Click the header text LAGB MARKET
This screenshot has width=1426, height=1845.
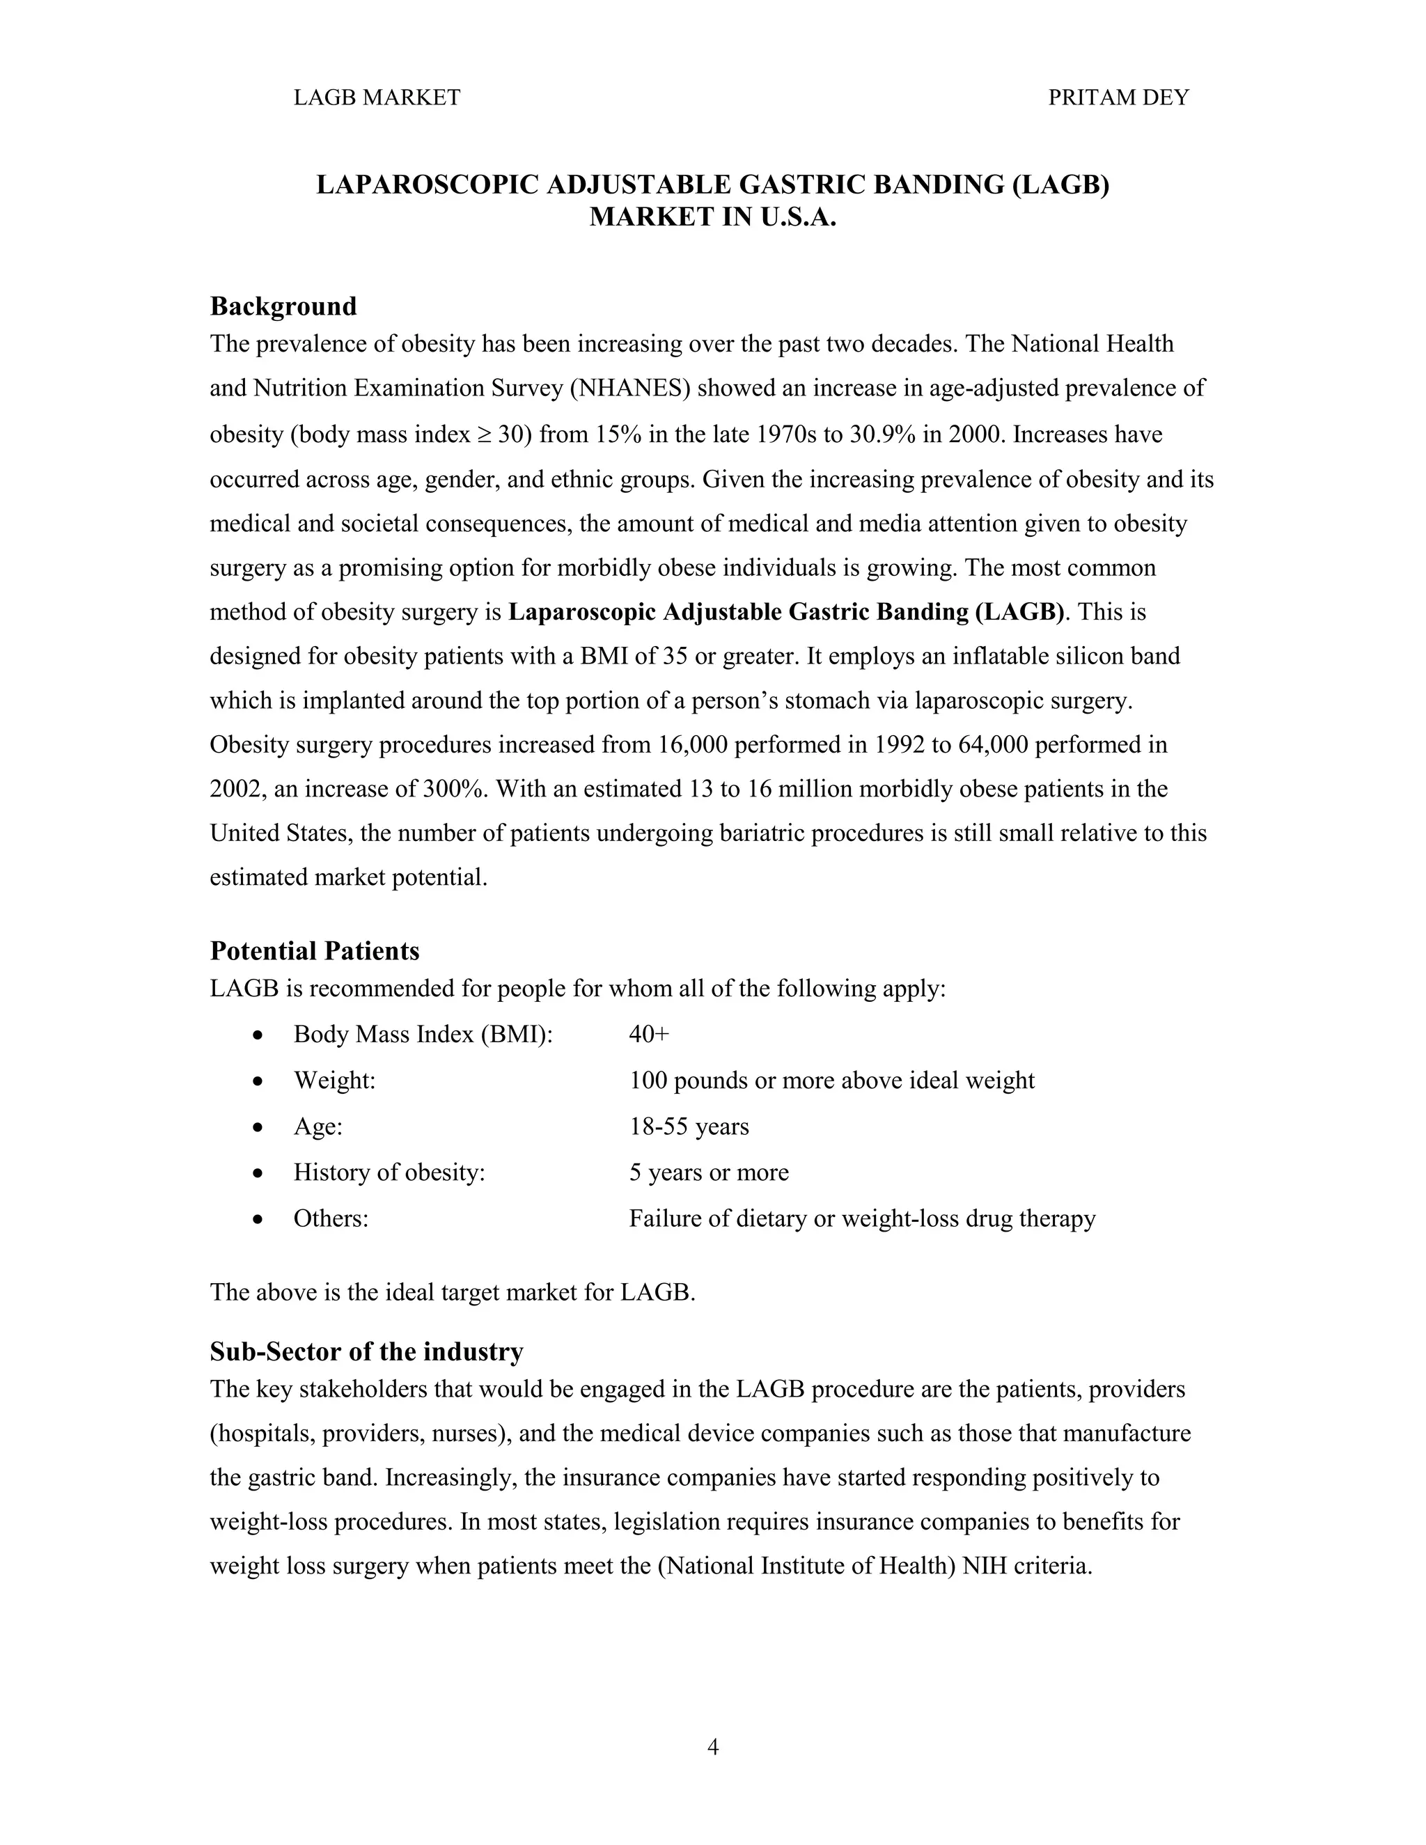(x=377, y=98)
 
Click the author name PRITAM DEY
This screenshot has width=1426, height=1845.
(x=1118, y=98)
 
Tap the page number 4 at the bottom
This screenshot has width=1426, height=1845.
(x=712, y=1746)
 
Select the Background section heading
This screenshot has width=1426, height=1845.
(x=283, y=306)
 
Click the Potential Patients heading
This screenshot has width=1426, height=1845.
(x=314, y=951)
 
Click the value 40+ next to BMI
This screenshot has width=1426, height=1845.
(x=649, y=1034)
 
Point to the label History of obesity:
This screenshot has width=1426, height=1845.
(x=389, y=1172)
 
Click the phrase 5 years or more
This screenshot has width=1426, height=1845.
(x=709, y=1172)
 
